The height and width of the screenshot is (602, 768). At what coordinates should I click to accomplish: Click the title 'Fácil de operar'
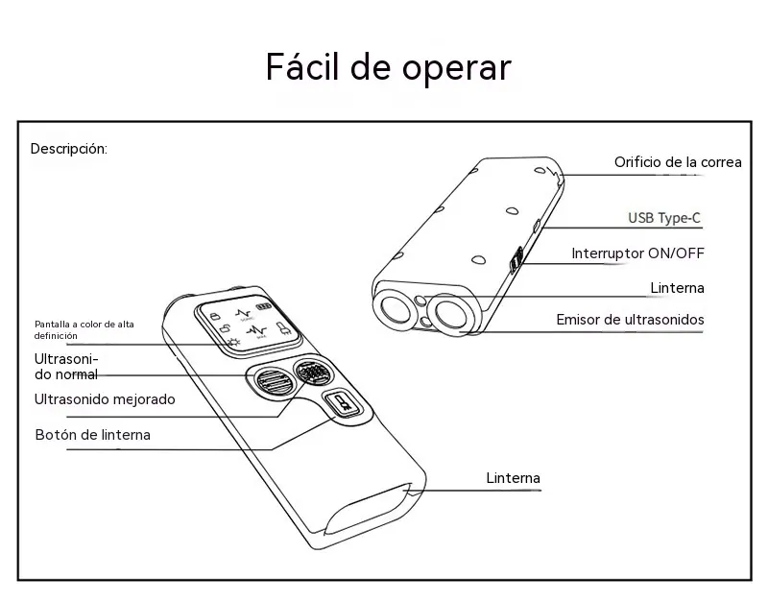point(389,67)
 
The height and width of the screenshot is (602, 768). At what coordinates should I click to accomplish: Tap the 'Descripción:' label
point(68,149)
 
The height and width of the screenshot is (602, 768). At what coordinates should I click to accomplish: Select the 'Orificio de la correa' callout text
point(678,162)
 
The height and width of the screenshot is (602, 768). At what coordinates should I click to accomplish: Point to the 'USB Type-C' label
point(664,218)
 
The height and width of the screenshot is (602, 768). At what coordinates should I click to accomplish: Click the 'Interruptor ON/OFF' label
point(637,253)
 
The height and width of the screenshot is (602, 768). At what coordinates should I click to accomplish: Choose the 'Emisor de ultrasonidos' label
point(630,320)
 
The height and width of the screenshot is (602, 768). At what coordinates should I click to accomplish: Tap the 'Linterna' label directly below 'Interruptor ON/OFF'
point(677,287)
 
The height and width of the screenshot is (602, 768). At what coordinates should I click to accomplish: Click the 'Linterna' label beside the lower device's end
point(513,477)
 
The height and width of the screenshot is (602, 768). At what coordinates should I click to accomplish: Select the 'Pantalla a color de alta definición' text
point(84,329)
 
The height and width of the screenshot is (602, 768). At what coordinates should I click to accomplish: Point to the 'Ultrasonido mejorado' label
point(105,399)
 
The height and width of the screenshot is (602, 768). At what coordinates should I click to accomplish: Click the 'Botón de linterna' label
point(92,435)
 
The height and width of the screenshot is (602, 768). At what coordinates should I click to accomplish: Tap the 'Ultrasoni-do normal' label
point(66,367)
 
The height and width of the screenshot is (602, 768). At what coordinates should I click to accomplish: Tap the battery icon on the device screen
point(263,306)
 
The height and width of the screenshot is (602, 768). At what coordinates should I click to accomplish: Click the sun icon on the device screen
point(233,342)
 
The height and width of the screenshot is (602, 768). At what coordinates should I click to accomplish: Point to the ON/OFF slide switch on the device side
point(516,259)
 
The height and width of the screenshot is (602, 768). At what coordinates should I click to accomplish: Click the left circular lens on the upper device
point(396,309)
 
